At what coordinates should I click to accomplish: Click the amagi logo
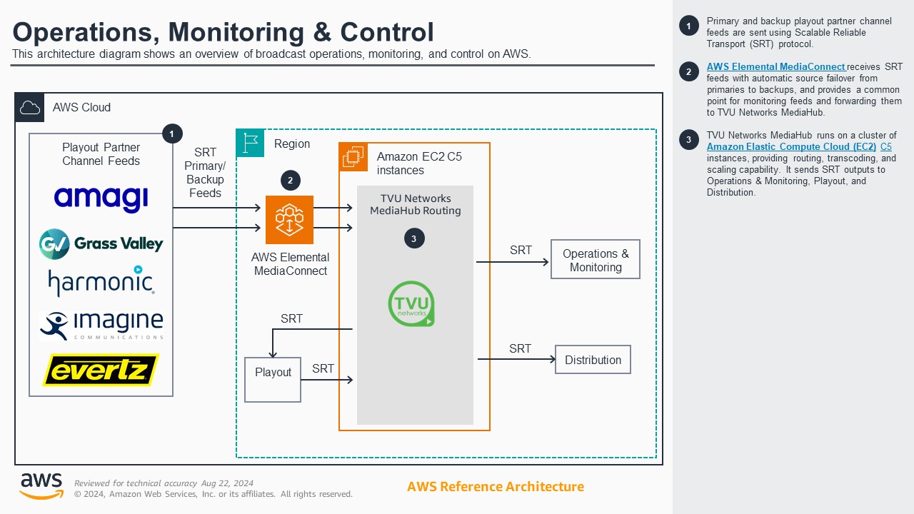[101, 198]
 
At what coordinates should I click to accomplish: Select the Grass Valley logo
[101, 244]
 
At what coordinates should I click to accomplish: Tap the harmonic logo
[101, 282]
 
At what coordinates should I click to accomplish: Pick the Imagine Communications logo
[101, 326]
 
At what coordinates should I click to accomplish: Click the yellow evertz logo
[101, 370]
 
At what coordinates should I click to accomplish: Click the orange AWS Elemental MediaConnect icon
[289, 220]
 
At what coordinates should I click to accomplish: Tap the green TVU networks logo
[411, 304]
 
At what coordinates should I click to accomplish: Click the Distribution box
[593, 360]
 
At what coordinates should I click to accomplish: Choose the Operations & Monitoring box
[596, 259]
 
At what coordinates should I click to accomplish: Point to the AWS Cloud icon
[30, 108]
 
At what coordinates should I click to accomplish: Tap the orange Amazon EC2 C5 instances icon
[353, 157]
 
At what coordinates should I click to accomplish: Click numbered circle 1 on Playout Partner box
[172, 133]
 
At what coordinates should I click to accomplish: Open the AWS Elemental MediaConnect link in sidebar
[775, 66]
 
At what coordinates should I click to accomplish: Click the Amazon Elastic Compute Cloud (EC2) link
[791, 146]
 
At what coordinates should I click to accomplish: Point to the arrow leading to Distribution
[516, 359]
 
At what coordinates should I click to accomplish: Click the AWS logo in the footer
[41, 485]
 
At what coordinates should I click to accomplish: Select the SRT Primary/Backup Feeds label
[205, 173]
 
